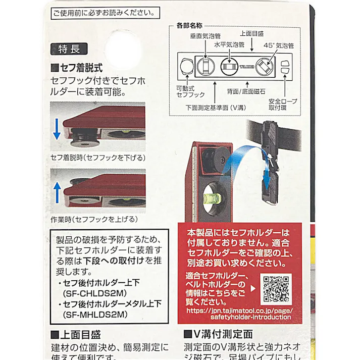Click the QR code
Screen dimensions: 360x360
click(x=276, y=287)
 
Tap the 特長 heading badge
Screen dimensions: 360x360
click(x=69, y=49)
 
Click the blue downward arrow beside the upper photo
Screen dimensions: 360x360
click(x=57, y=129)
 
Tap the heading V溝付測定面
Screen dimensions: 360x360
click(x=218, y=334)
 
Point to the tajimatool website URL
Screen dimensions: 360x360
click(x=239, y=314)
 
